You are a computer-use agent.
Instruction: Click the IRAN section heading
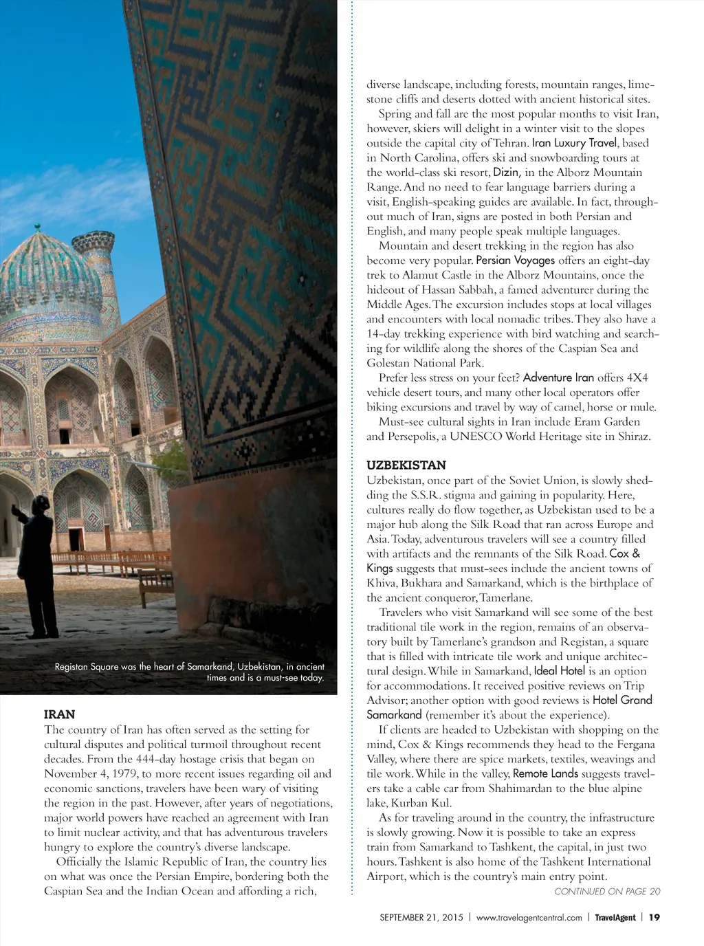(x=60, y=714)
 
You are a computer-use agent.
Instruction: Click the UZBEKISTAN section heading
(x=406, y=465)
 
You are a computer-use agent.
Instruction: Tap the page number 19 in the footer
(x=654, y=917)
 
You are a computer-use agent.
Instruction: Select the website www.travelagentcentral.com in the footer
(x=529, y=917)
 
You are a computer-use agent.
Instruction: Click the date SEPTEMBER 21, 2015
(x=421, y=917)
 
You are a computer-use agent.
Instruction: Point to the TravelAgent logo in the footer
(x=615, y=917)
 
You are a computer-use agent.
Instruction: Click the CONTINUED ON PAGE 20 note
(x=607, y=891)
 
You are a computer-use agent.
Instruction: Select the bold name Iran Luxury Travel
(x=574, y=143)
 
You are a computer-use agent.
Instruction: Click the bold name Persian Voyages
(x=515, y=261)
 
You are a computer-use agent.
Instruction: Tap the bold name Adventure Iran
(x=558, y=377)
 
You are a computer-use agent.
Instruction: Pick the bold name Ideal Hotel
(x=560, y=670)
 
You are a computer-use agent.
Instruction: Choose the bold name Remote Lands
(x=545, y=773)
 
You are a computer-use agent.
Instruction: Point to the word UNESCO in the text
(x=476, y=436)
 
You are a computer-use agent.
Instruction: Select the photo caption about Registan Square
(x=189, y=672)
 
